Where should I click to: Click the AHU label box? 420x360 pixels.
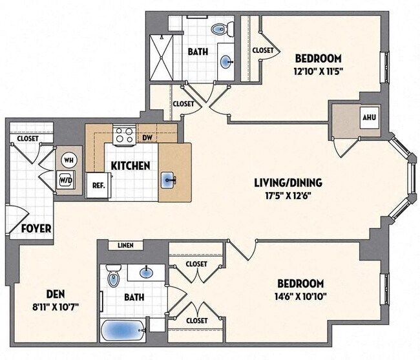[369, 118]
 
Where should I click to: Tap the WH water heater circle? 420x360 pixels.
[68, 160]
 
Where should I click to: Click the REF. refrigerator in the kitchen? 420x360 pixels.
[99, 184]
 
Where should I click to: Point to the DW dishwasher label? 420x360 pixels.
[147, 138]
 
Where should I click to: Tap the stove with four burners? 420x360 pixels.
[123, 136]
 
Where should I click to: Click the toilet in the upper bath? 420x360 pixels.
[218, 28]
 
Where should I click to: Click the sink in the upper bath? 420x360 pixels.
[226, 63]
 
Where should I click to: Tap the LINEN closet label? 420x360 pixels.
[126, 246]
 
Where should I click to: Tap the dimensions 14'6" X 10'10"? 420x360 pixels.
[300, 297]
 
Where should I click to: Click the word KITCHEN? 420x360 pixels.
[131, 165]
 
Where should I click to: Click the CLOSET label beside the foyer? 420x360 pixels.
[27, 138]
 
